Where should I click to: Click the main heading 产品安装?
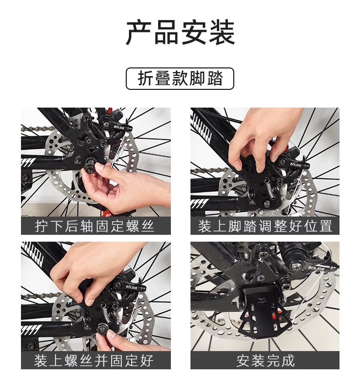click(180, 32)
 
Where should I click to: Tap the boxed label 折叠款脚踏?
click(180, 78)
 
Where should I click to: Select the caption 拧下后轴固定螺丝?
click(95, 226)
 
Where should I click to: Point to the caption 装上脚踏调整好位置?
click(265, 226)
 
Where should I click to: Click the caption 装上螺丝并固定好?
click(94, 361)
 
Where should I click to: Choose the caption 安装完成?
click(265, 361)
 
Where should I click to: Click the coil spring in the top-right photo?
click(269, 189)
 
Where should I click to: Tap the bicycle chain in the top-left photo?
click(37, 128)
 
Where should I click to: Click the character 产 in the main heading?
click(139, 33)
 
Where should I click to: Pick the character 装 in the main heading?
click(222, 33)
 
